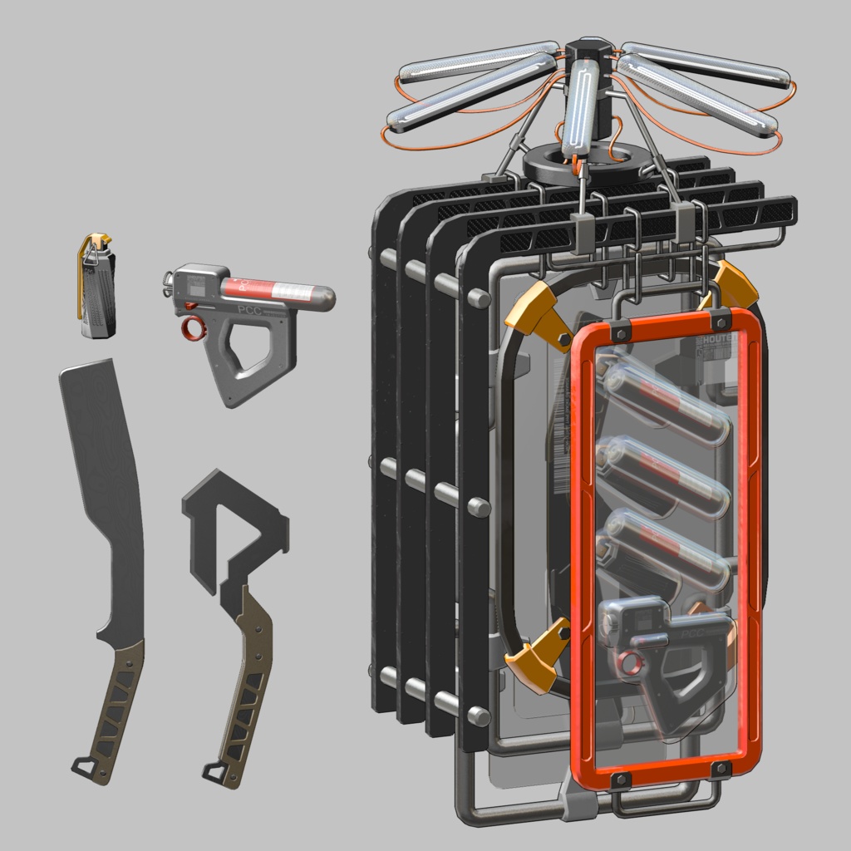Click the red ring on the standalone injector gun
(x=193, y=330)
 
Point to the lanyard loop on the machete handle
(x=83, y=765)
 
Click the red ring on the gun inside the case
(x=629, y=662)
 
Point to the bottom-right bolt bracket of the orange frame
(x=719, y=770)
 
